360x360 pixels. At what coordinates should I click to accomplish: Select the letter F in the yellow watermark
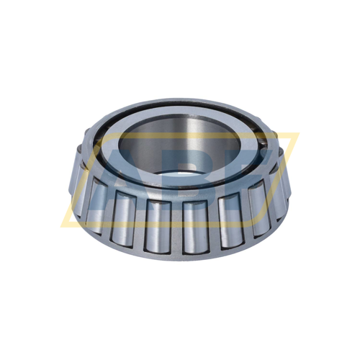[248, 173]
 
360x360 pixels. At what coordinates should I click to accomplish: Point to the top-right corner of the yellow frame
[297, 135]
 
